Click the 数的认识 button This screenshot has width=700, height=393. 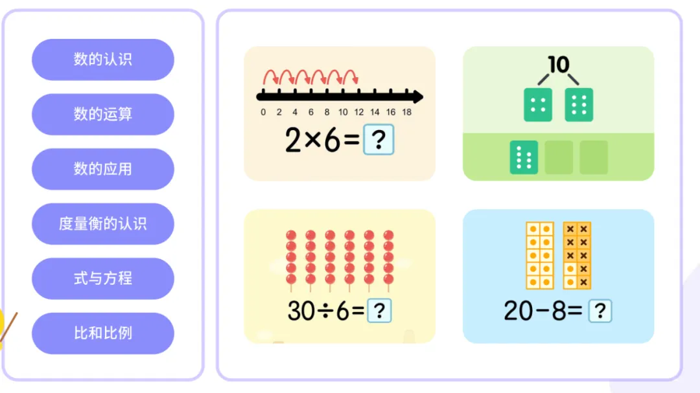(x=102, y=60)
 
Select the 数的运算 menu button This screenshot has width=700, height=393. (x=102, y=115)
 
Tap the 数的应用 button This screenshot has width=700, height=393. (x=102, y=169)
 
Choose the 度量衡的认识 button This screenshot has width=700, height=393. (x=102, y=224)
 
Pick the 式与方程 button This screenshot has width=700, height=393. (x=102, y=278)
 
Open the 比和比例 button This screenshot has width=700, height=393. (x=102, y=333)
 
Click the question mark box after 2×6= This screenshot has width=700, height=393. (x=379, y=140)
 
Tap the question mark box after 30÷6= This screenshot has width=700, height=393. (x=379, y=311)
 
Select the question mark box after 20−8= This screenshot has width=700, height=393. (x=600, y=311)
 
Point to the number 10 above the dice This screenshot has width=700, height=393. (x=558, y=64)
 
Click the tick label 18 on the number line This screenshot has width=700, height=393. (x=407, y=112)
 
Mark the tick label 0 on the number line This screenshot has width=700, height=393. (x=262, y=112)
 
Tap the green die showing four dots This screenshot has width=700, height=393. (x=538, y=105)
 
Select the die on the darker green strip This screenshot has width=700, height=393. (x=524, y=157)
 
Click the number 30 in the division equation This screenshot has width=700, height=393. (x=301, y=311)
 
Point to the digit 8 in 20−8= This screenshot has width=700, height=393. (x=556, y=311)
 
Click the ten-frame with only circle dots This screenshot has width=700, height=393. (x=539, y=256)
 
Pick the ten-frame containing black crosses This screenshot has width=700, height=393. (x=577, y=256)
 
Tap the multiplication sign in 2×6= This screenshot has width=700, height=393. (x=313, y=140)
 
